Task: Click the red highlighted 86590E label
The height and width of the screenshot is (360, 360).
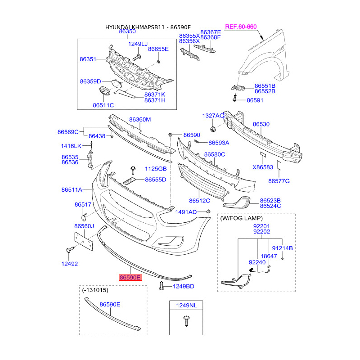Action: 130,278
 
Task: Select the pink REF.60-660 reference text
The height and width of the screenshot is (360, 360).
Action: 241,27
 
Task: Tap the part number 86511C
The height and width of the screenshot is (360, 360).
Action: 103,105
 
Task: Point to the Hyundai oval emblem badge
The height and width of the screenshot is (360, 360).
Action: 105,91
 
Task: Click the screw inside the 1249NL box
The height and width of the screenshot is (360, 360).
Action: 186,320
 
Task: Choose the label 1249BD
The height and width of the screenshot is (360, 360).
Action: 184,286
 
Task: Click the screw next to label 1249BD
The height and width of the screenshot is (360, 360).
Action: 162,286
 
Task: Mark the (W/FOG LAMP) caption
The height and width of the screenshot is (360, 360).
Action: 241,218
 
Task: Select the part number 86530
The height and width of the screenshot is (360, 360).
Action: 261,124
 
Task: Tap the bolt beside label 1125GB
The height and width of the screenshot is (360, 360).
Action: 133,170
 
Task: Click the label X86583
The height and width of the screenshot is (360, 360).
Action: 263,167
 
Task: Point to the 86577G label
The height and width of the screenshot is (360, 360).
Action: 279,181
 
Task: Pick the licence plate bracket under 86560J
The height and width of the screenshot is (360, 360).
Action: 84,241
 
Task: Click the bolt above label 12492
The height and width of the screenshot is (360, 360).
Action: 70,250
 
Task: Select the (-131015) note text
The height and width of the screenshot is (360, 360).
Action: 95,290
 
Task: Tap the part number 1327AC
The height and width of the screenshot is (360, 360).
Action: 213,116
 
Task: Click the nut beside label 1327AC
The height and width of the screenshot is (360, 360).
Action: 212,129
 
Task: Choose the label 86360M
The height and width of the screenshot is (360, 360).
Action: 140,119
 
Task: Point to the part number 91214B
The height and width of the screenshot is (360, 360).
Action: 283,248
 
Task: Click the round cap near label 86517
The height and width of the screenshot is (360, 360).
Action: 84,217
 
